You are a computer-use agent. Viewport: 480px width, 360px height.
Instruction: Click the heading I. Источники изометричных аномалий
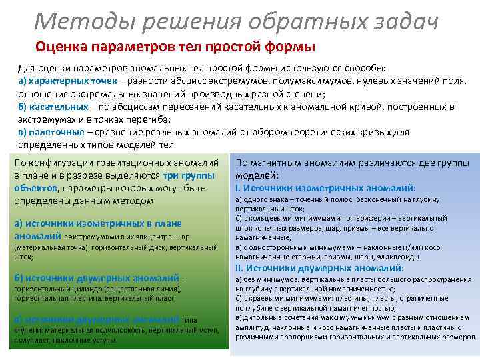point(326,188)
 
